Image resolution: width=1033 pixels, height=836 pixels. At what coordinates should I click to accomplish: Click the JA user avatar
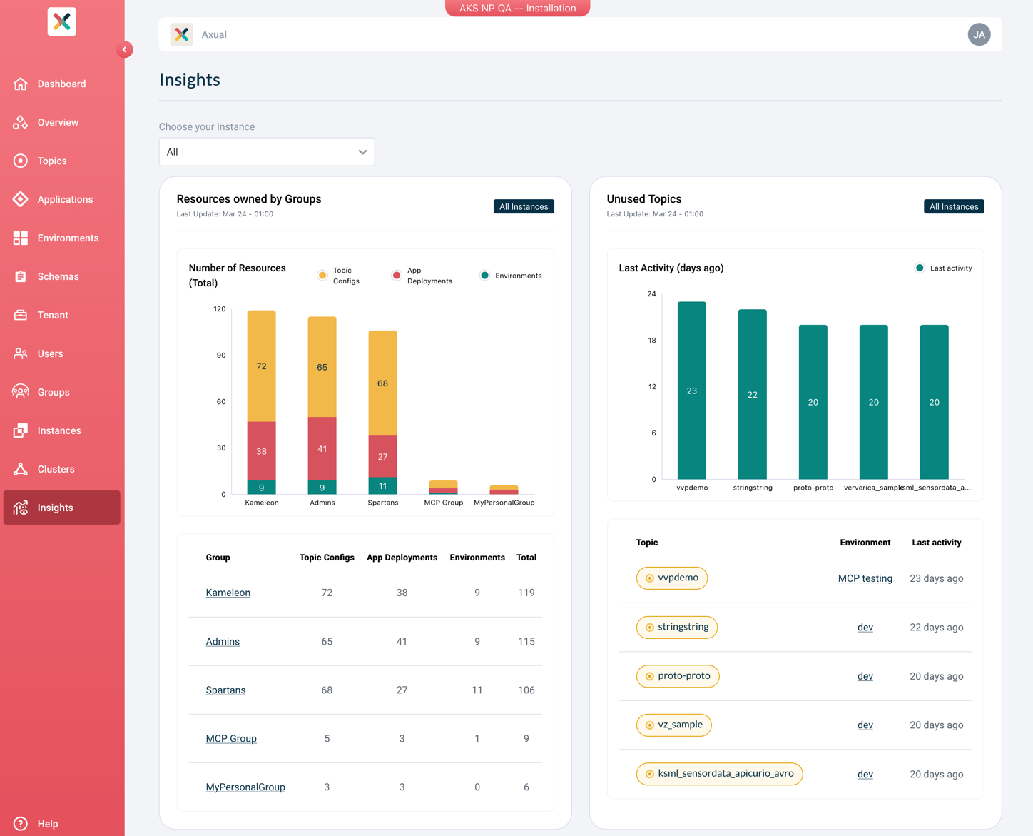pos(979,34)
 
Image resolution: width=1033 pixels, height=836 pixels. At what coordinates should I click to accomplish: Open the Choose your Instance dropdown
pos(267,152)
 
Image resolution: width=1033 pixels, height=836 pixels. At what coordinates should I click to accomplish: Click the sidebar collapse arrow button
pos(125,49)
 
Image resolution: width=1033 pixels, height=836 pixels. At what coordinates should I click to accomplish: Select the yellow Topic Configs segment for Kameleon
pos(261,366)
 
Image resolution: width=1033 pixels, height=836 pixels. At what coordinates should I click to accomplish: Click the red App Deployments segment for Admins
pos(322,448)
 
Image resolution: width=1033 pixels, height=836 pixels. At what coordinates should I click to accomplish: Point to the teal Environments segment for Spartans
pos(382,485)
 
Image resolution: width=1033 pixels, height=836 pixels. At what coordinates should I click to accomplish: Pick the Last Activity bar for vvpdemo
pos(691,391)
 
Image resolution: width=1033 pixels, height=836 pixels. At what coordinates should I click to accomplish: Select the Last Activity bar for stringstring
pos(752,395)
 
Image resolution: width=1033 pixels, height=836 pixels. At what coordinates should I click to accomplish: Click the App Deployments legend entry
pos(422,276)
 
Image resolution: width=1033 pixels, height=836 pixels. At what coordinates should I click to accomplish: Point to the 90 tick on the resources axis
pos(221,355)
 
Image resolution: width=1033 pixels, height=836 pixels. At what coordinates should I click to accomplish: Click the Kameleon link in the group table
pos(228,593)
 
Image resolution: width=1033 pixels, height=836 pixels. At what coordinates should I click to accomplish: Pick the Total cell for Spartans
pos(526,690)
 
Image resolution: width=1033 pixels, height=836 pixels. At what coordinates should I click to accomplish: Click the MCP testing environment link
pos(865,578)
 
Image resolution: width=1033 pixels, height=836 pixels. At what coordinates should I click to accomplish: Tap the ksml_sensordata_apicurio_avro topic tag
pos(719,774)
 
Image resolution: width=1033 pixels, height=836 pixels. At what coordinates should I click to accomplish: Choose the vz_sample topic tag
pos(673,725)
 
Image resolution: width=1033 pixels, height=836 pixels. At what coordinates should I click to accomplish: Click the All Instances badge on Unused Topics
pos(954,207)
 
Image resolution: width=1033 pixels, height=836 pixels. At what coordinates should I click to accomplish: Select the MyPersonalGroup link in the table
pos(245,787)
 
